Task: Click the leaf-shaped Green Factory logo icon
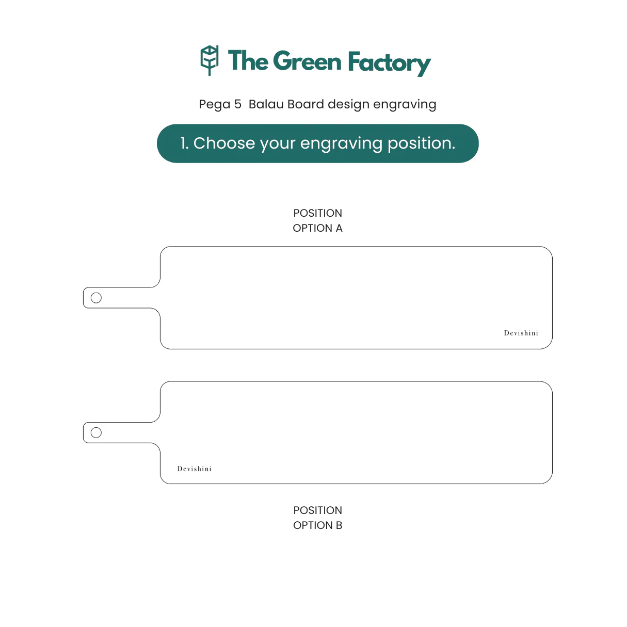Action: (209, 60)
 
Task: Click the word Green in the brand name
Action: (308, 61)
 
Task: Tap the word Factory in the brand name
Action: (390, 63)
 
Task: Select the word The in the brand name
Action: (248, 60)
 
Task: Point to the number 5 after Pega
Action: (238, 104)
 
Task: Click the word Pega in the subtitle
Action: (215, 105)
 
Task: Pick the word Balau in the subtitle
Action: (266, 104)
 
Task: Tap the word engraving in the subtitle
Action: (405, 105)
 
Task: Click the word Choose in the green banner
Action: (224, 143)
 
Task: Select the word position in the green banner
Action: (422, 144)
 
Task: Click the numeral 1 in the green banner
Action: (183, 143)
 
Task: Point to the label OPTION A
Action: (317, 228)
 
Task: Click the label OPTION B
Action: (317, 525)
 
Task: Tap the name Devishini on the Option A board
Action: (521, 333)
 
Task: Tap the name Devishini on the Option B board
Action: (194, 469)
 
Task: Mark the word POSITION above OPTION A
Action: (317, 213)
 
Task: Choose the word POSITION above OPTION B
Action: (317, 510)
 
